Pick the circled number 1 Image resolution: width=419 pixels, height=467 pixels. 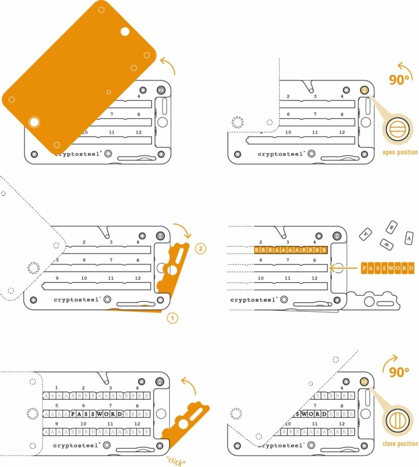point(173,318)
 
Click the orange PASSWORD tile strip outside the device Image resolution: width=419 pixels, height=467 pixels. point(387,269)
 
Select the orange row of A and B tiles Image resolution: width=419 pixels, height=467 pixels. point(290,250)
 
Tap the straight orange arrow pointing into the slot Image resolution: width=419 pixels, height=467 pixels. point(343,269)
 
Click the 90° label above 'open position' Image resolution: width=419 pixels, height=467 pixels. point(399,79)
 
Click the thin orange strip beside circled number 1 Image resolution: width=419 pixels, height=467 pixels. point(137,309)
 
